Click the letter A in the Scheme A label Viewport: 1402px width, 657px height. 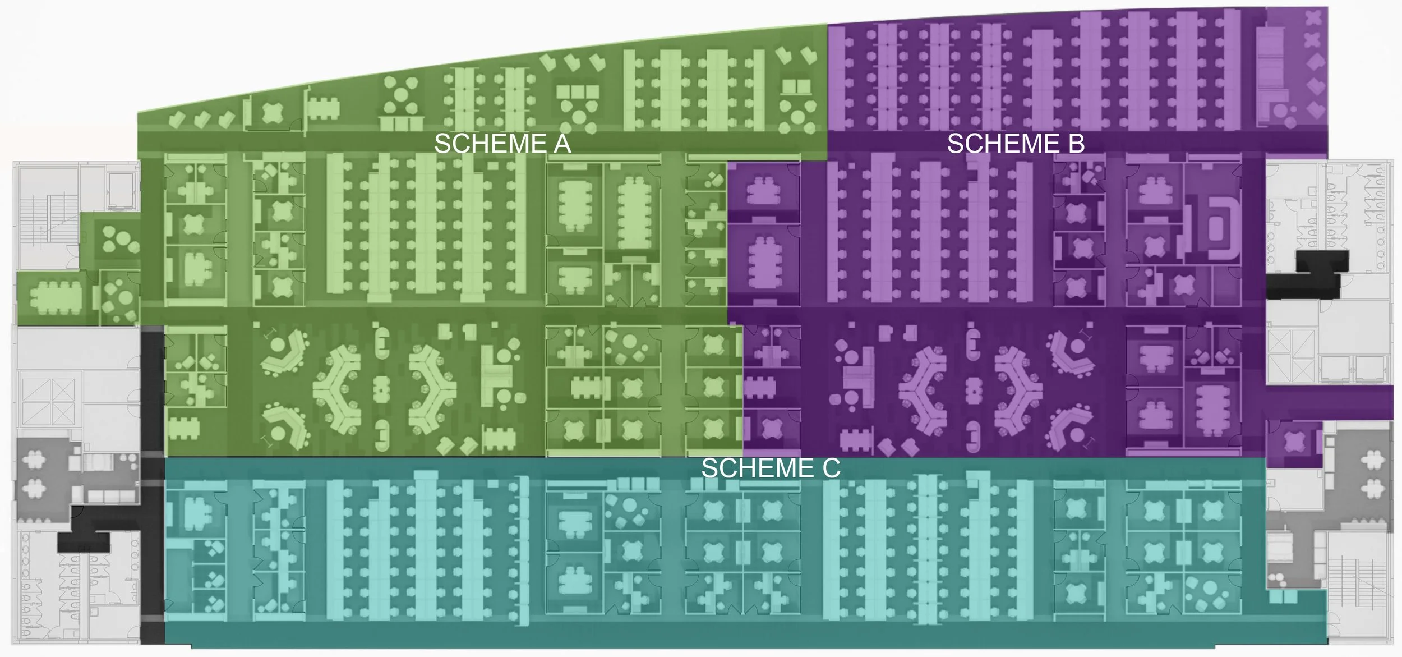[x=561, y=144]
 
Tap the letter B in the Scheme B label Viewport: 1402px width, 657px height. [x=1076, y=144]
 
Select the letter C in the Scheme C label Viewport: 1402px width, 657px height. [x=831, y=468]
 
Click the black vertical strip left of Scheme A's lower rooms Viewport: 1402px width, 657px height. [x=152, y=393]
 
